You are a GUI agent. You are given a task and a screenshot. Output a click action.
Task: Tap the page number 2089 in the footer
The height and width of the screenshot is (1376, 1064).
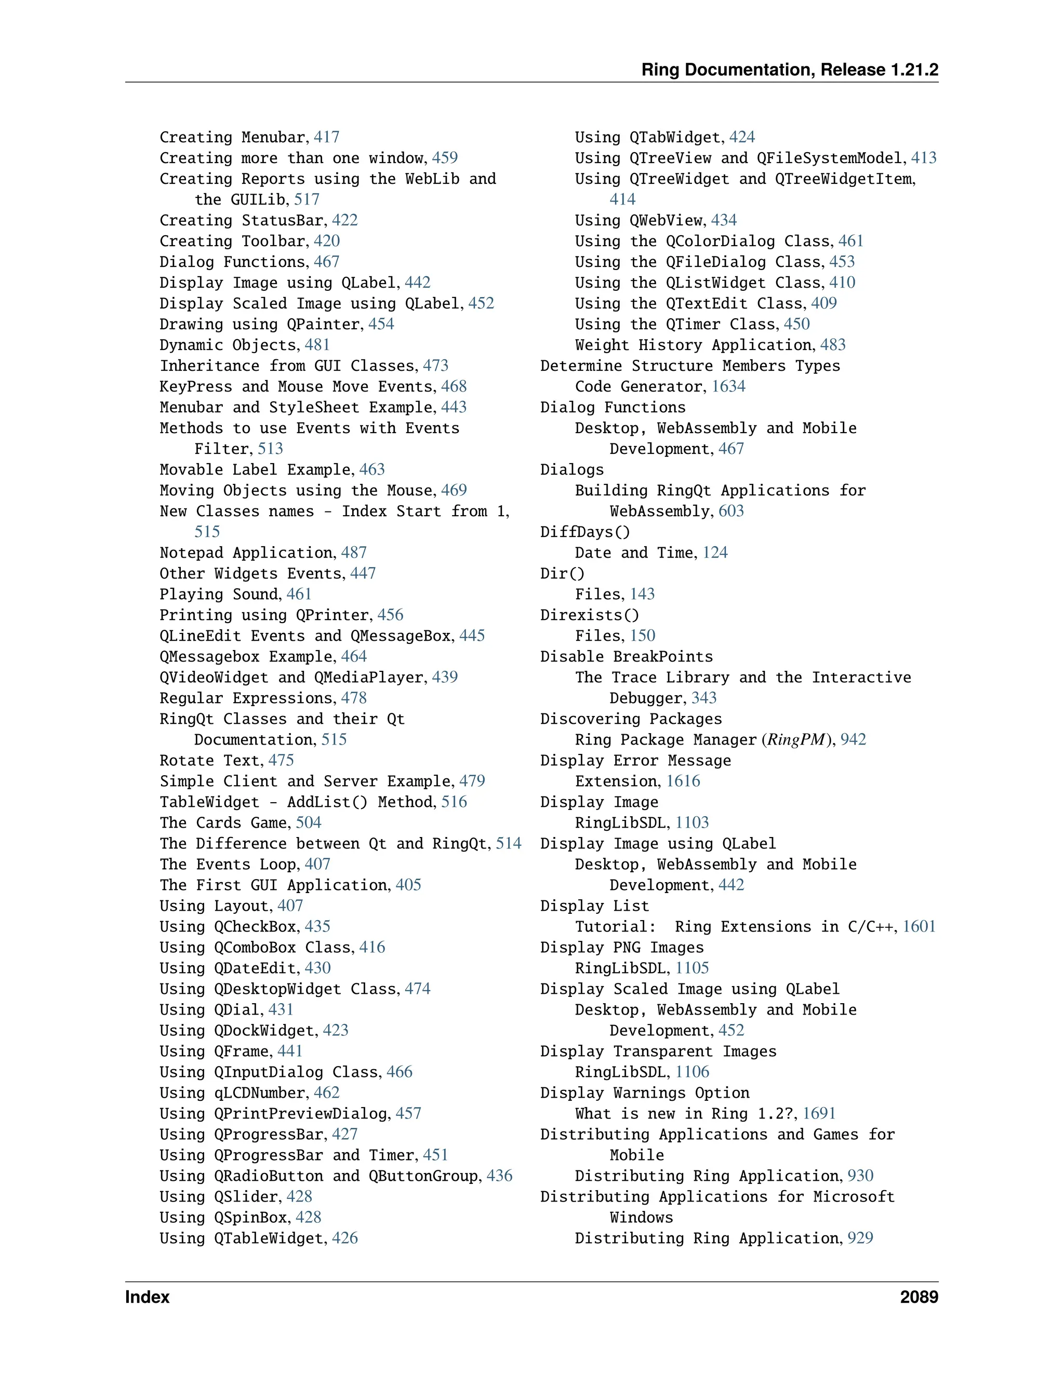(919, 1297)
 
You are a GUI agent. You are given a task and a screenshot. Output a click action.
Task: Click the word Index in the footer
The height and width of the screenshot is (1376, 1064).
(148, 1297)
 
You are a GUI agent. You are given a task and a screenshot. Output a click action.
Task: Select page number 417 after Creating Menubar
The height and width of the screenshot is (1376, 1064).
(326, 138)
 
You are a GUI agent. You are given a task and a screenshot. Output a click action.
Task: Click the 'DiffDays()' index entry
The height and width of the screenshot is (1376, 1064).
(584, 532)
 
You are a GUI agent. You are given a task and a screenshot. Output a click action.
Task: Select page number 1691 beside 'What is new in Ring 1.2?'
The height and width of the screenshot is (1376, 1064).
(819, 1113)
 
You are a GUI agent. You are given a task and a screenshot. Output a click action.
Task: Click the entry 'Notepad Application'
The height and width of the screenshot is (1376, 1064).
(246, 552)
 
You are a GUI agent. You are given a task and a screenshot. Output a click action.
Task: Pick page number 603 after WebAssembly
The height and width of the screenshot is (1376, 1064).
(730, 511)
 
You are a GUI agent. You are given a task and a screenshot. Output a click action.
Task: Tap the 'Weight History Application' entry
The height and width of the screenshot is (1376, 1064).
(694, 345)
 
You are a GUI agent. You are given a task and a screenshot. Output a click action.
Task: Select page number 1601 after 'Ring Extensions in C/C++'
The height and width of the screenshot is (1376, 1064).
(919, 926)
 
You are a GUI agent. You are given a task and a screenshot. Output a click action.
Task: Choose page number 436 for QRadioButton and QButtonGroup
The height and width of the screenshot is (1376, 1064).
(499, 1176)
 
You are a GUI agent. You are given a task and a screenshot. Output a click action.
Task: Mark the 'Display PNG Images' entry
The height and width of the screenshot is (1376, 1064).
(621, 947)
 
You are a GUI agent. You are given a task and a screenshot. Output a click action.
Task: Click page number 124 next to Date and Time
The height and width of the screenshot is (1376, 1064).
(715, 552)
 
